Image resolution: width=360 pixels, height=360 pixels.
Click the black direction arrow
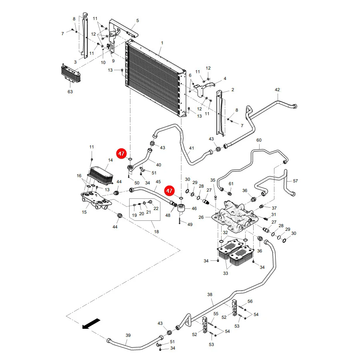[x=91, y=324]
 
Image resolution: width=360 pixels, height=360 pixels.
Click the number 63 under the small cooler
[x=70, y=92]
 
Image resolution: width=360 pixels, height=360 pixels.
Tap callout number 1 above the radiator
[x=162, y=43]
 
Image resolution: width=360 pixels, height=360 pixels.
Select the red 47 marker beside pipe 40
[x=122, y=154]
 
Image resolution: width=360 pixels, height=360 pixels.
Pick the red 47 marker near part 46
[x=169, y=191]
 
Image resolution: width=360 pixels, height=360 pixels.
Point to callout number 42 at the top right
[x=278, y=90]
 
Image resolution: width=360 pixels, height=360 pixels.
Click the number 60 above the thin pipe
[x=259, y=140]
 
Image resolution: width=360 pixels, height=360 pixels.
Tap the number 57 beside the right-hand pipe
[x=295, y=181]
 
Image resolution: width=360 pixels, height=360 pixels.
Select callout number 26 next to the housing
[x=201, y=217]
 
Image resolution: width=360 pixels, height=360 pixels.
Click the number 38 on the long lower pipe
[x=210, y=294]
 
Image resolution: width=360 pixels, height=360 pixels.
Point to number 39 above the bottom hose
[x=128, y=335]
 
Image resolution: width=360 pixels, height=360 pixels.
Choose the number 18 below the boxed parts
[x=156, y=232]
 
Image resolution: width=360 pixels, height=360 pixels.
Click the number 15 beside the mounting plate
[x=84, y=212]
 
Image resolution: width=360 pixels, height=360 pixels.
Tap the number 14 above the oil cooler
[x=110, y=160]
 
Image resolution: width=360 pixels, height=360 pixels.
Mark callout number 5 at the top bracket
[x=138, y=20]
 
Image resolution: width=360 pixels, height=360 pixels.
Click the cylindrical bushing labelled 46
[x=181, y=208]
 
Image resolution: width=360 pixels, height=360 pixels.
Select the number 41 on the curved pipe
[x=192, y=148]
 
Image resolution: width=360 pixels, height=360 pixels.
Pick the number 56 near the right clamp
[x=250, y=301]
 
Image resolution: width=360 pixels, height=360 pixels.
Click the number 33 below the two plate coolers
[x=226, y=273]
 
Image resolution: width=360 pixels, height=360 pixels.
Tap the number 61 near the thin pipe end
[x=231, y=184]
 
